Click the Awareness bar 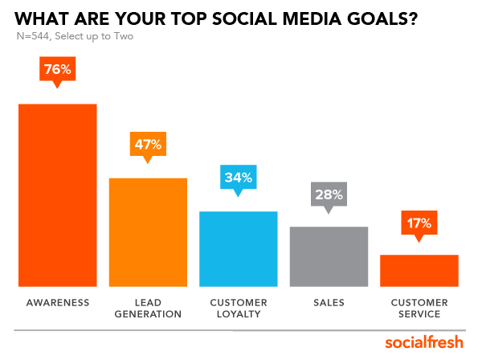point(58,194)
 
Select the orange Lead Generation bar point(148,231)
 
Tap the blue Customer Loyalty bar point(238,248)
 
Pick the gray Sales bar point(329,256)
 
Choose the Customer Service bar point(419,270)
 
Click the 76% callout point(58,70)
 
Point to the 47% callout point(148,145)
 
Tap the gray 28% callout point(329,194)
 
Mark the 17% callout point(419,223)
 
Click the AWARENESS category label point(58,302)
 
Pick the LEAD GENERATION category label point(148,308)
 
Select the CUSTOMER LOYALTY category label point(238,308)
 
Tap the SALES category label point(329,302)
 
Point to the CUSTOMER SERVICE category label point(419,308)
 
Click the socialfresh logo point(423,342)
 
